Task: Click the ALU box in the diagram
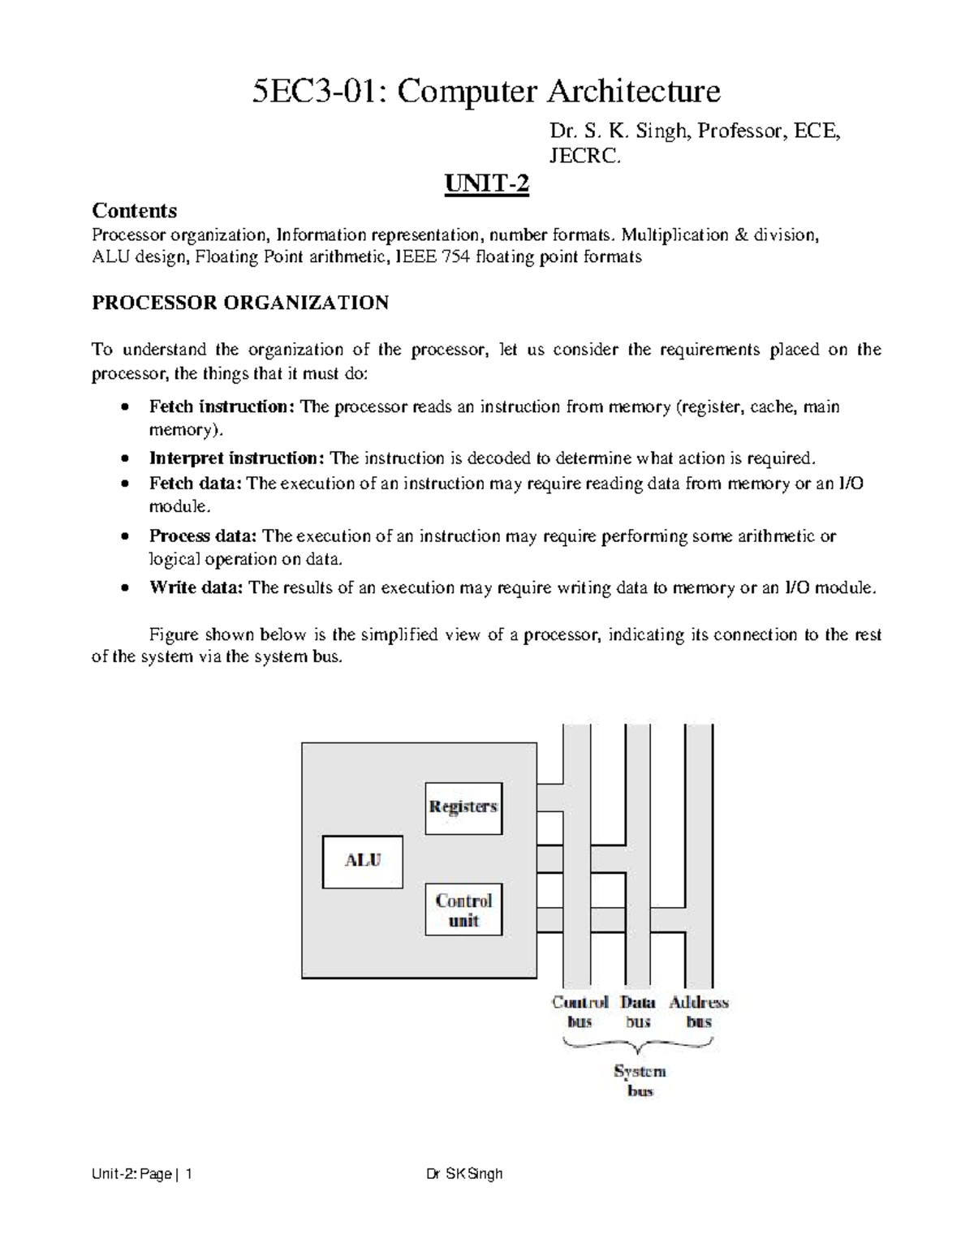(362, 862)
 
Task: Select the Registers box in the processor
(463, 808)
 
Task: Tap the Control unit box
(463, 910)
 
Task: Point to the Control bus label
(580, 1012)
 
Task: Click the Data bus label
(638, 1012)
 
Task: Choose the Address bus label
(699, 1012)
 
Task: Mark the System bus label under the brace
(640, 1081)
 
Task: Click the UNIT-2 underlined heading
(486, 186)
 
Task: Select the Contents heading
(134, 211)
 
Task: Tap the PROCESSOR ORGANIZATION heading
(240, 303)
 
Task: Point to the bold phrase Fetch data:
(196, 484)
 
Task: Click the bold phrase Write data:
(196, 588)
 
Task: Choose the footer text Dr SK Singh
(464, 1174)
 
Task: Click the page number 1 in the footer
(188, 1174)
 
